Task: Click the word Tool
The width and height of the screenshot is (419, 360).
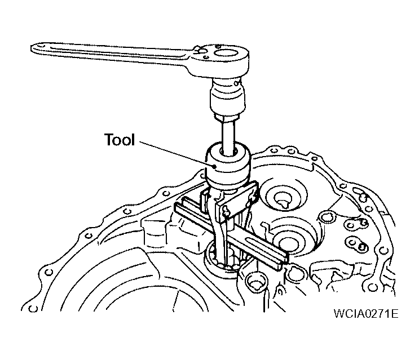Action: (120, 140)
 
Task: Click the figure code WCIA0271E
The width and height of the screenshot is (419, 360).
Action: (366, 313)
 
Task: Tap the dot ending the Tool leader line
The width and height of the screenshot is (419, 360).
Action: (214, 167)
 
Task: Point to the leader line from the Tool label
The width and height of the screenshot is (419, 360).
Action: (177, 154)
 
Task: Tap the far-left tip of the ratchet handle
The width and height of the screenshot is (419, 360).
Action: (31, 48)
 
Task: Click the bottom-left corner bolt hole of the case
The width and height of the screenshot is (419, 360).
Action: (33, 309)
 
